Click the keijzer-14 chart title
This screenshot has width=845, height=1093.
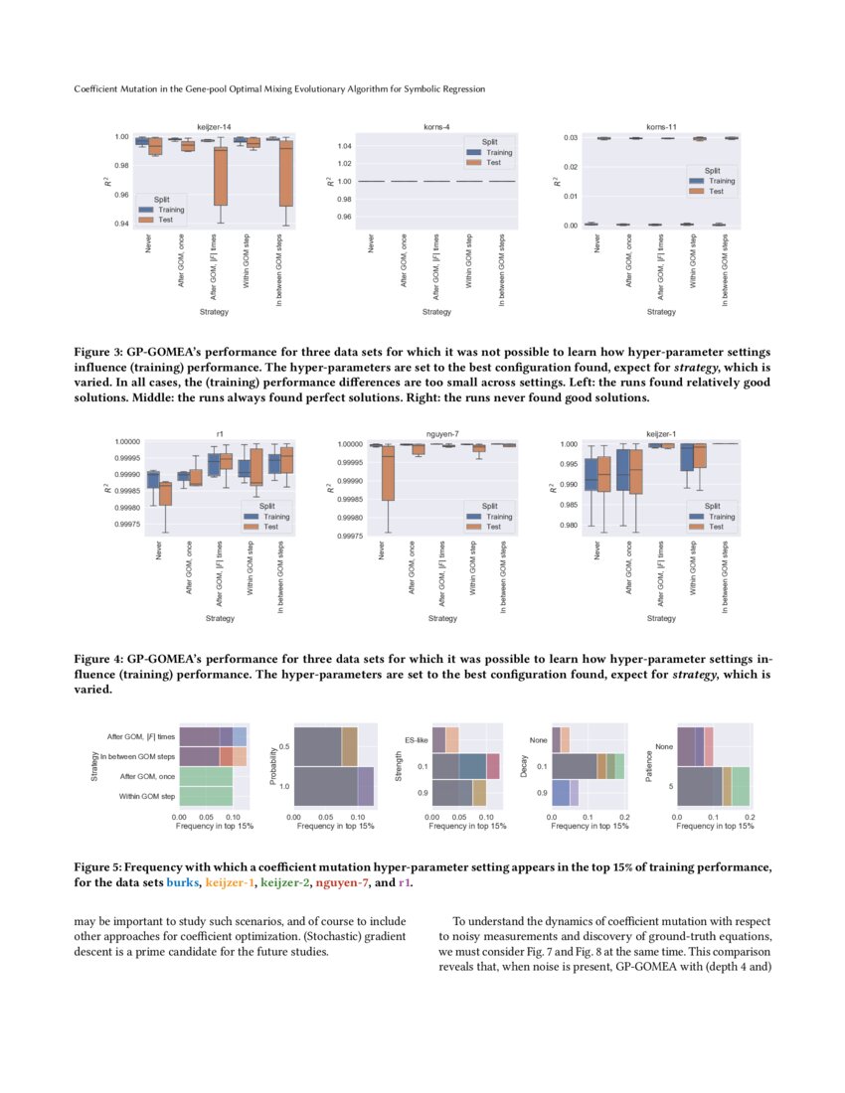215,127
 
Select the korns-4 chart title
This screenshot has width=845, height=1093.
436,127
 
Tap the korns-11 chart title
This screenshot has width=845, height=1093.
661,127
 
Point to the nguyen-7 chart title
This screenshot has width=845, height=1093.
442,434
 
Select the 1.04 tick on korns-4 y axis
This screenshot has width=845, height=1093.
345,146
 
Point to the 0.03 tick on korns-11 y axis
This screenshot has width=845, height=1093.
571,137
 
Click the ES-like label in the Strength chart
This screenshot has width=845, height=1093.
417,740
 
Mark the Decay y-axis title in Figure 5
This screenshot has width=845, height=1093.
526,766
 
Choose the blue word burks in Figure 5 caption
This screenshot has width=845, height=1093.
183,882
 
